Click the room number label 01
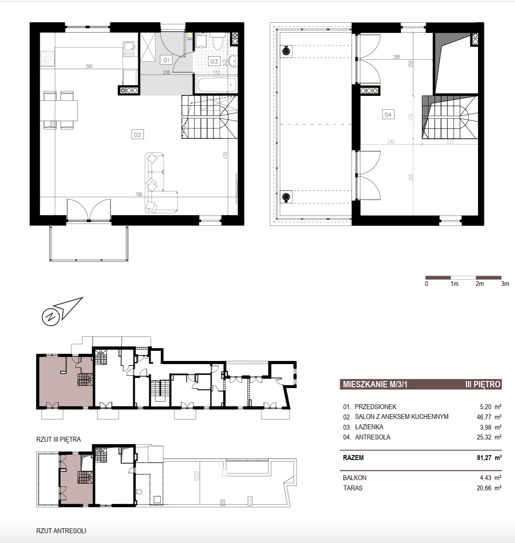pyautogui.click(x=166, y=60)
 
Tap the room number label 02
pyautogui.click(x=137, y=135)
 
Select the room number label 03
pyautogui.click(x=214, y=61)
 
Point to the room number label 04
pyautogui.click(x=388, y=114)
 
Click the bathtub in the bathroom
pyautogui.click(x=216, y=85)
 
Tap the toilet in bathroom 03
pyautogui.click(x=218, y=41)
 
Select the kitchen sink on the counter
pyautogui.click(x=129, y=49)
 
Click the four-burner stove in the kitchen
pyautogui.click(x=47, y=59)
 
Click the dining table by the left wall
pyautogui.click(x=59, y=111)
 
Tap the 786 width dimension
pyautogui.click(x=139, y=195)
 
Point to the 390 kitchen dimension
pyautogui.click(x=89, y=66)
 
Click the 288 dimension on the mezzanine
pyautogui.click(x=396, y=57)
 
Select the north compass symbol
pyautogui.click(x=62, y=311)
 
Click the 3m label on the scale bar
pyautogui.click(x=505, y=284)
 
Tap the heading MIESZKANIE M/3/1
pyautogui.click(x=375, y=384)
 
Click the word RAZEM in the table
pyautogui.click(x=353, y=458)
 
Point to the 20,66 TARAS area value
pyautogui.click(x=484, y=488)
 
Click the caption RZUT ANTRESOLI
pyautogui.click(x=61, y=531)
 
